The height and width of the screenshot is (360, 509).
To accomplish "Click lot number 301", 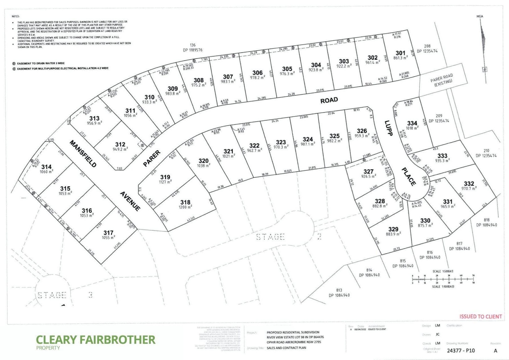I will coord(400,53).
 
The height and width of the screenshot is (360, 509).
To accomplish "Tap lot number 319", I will coord(165,177).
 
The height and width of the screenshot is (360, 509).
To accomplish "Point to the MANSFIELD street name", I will coord(83,154).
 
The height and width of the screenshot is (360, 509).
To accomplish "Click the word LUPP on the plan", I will coord(389,128).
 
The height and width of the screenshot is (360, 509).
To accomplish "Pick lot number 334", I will coord(412,123).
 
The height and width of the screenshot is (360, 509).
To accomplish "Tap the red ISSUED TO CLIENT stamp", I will coord(481,316).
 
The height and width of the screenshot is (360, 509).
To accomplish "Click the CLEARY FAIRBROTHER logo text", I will coord(96,340).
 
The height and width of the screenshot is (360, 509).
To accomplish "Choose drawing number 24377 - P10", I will coord(461,350).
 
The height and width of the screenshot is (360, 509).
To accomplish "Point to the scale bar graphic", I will coord(443,279).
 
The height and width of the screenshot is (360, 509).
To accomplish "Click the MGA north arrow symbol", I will coord(483,43).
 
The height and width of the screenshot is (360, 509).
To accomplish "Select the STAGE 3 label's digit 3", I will coord(90,295).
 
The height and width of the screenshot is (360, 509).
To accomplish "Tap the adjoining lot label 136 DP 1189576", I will coord(193,48).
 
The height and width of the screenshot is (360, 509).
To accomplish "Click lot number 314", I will coord(46,167).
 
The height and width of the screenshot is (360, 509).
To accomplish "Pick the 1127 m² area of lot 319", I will coord(165,182).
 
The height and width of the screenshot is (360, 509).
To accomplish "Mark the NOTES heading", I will coord(16,17).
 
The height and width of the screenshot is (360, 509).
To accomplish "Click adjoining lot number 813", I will coord(339,290).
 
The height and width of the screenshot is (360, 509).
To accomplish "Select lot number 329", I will coord(393,229).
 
